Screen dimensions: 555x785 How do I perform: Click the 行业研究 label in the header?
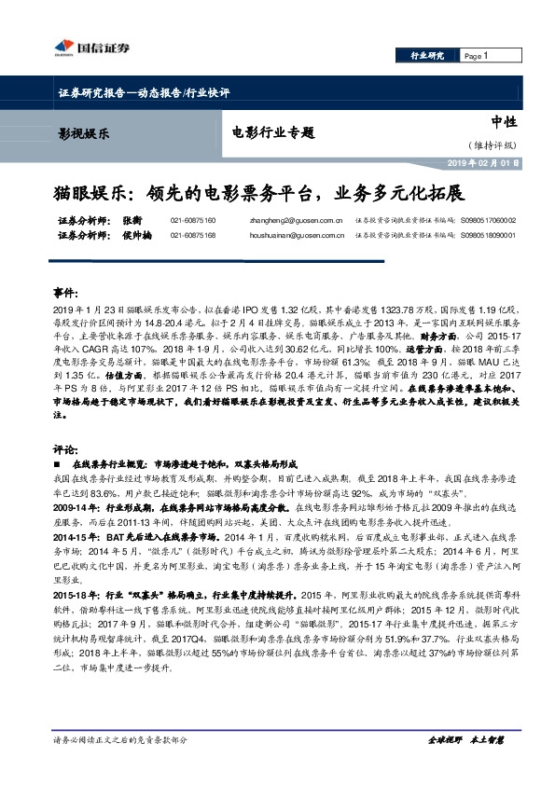click(428, 56)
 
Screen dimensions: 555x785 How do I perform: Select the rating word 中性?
click(504, 122)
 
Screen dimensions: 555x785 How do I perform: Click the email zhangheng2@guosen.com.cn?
click(265, 220)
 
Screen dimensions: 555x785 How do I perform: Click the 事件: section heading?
click(65, 292)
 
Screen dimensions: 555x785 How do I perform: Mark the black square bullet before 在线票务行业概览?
click(59, 463)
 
